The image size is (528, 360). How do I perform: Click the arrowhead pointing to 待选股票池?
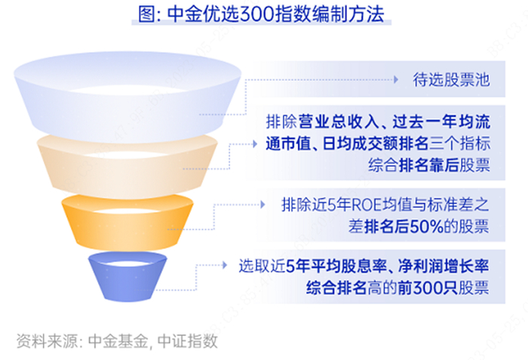(x=395, y=78)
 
